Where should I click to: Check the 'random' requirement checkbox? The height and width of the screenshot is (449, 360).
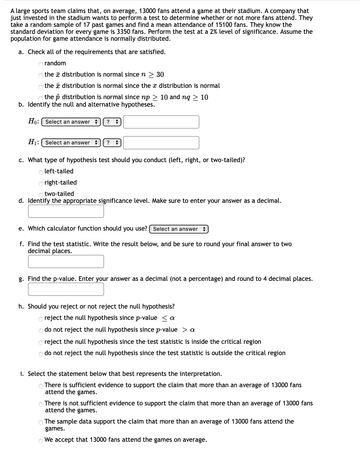point(41,64)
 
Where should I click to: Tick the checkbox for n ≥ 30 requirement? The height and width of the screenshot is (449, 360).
point(41,75)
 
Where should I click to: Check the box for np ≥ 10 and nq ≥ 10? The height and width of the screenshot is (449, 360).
point(41,98)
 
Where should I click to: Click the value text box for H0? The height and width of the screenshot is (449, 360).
point(161,122)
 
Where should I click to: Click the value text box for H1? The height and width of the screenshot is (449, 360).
point(161,143)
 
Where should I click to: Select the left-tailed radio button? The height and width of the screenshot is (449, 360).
point(41,172)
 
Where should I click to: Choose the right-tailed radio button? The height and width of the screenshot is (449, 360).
point(41,183)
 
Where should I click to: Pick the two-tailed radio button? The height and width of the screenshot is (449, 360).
point(41,194)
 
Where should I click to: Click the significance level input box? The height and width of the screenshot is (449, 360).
point(66,211)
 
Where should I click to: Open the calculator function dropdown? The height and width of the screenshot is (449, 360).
point(179,229)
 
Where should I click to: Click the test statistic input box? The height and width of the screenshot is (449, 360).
point(66,261)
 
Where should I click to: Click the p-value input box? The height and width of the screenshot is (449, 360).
point(66,289)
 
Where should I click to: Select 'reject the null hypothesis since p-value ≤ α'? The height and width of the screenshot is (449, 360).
point(41,319)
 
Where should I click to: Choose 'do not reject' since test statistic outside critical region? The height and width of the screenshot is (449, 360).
point(41,354)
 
